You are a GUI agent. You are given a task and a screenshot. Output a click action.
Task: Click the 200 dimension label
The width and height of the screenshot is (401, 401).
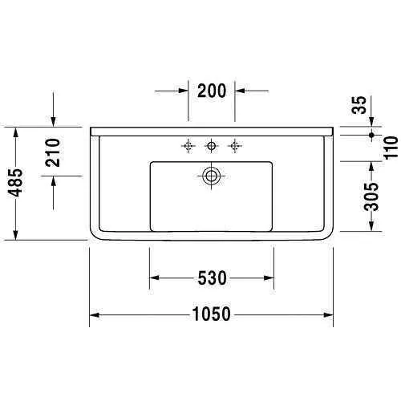pos(211,91)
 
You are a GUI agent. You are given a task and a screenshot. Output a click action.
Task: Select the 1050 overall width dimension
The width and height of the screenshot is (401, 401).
pos(212,314)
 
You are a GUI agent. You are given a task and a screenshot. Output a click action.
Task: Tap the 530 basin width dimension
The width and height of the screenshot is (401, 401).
pos(212,278)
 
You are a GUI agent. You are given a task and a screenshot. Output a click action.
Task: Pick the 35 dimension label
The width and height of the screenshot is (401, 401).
pos(358,104)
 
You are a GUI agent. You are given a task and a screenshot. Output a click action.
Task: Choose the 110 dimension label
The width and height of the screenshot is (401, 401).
pos(390,148)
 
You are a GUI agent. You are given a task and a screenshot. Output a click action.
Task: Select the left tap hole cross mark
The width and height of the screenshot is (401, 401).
pos(188,145)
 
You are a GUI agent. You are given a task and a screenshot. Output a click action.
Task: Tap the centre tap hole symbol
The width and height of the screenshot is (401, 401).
pos(212,145)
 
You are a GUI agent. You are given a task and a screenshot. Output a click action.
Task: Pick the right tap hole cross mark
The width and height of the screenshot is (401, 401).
pos(235,145)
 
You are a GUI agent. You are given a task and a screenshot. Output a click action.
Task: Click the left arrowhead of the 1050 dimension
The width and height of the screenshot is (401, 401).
pos(93,314)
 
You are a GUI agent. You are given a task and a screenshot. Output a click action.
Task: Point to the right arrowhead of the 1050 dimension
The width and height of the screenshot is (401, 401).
pos(330,314)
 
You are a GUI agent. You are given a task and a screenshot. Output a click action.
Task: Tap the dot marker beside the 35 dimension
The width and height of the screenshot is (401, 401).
pos(371,135)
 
